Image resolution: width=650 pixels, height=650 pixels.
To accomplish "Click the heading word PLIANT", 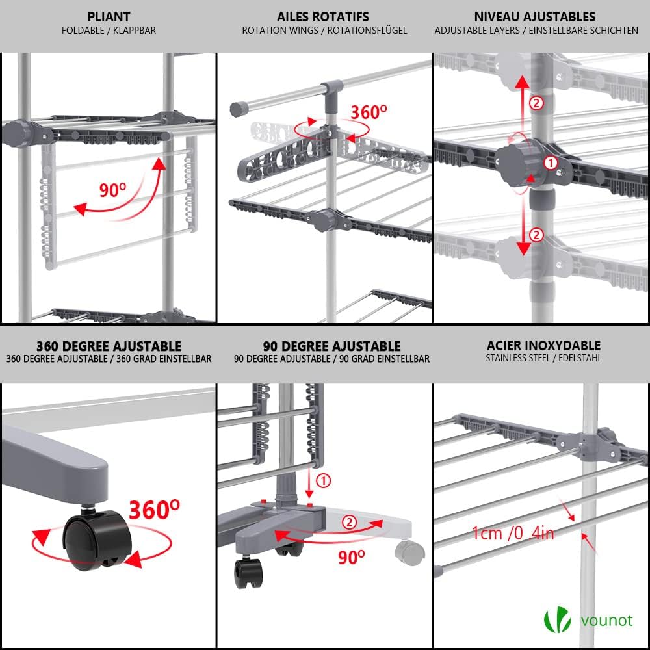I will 108,16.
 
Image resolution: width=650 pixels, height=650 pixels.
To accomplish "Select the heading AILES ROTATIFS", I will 323,16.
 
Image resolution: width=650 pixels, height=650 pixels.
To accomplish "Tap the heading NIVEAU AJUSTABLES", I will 535,16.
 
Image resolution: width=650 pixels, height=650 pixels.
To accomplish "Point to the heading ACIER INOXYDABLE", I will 543,346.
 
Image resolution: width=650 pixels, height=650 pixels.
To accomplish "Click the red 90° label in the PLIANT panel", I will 113,190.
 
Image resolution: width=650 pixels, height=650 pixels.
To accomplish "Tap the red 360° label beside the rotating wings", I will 369,112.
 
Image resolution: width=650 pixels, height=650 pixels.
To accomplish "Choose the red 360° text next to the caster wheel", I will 154,510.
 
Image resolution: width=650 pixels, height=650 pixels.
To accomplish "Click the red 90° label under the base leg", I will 351,556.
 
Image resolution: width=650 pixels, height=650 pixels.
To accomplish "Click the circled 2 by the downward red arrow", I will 536,235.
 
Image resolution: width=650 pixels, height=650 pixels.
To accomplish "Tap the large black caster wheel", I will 96,539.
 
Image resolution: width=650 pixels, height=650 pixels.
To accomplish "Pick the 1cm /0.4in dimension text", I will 513,534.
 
